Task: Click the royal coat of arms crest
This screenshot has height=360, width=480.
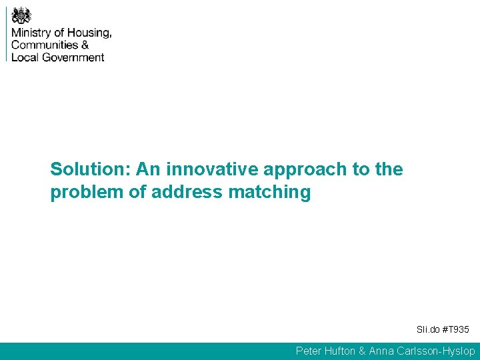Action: point(21,15)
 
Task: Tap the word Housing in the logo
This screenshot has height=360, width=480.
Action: point(88,33)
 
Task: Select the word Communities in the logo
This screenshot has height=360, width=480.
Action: point(44,45)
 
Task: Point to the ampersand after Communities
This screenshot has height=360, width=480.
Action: point(85,45)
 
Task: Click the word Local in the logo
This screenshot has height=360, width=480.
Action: point(25,57)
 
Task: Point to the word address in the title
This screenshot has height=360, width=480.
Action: point(188,193)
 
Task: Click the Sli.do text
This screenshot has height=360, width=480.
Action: point(427,330)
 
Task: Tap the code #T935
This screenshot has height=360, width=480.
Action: point(457,330)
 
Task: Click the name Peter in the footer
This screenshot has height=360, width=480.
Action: point(309,351)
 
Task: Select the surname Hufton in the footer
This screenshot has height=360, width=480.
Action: point(343,351)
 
